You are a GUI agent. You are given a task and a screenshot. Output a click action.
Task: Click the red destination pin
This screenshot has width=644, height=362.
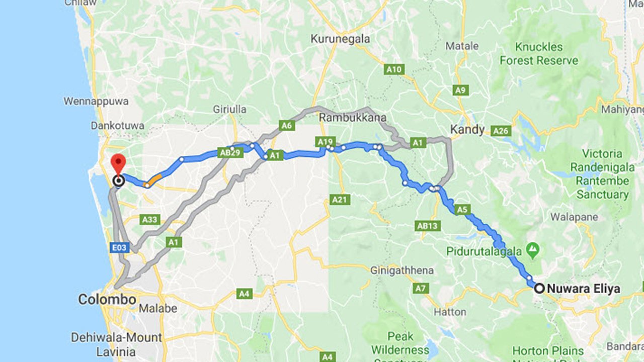(118, 164)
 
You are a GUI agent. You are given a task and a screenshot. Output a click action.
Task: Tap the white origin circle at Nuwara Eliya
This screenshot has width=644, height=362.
(539, 289)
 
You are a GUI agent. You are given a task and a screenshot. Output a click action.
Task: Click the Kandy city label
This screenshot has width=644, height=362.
(467, 130)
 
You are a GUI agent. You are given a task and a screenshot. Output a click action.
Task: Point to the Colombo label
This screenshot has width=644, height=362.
(107, 300)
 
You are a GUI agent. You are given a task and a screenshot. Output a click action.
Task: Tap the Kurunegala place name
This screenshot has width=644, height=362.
(340, 39)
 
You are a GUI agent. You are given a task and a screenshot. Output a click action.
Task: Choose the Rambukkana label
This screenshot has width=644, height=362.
(353, 118)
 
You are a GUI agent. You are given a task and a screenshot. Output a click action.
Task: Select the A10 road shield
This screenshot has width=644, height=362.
(394, 69)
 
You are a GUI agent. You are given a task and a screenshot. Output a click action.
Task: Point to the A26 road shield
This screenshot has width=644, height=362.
(502, 131)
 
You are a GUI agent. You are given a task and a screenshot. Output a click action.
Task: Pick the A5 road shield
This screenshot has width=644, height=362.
(462, 210)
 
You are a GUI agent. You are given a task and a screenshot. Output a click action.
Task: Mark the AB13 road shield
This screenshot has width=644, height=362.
(427, 226)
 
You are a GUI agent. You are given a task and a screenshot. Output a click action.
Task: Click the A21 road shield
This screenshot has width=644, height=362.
(340, 200)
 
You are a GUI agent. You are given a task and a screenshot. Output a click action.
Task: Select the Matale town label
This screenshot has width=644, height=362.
(462, 46)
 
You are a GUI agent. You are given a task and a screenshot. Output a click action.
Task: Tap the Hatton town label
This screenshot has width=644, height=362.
(450, 312)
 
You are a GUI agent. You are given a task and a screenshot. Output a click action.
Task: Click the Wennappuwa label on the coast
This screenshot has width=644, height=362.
(96, 101)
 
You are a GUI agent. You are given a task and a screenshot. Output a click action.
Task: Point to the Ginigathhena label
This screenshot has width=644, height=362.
(401, 270)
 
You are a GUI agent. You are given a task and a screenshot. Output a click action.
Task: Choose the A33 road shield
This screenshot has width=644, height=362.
(150, 219)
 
